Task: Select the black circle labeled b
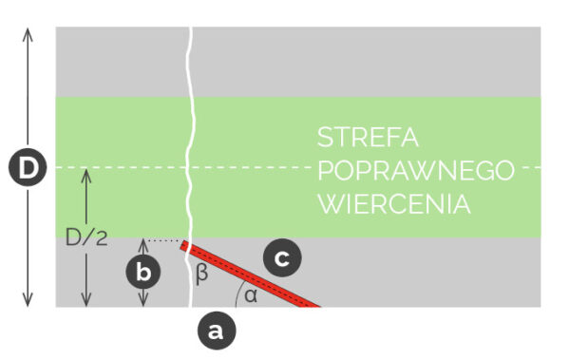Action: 144,272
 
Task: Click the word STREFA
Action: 368,137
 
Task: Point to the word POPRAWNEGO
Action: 415,171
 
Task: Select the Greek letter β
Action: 200,275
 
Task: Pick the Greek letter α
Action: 250,295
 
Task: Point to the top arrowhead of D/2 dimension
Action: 86,174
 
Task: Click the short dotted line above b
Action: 163,241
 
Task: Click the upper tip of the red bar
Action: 184,248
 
